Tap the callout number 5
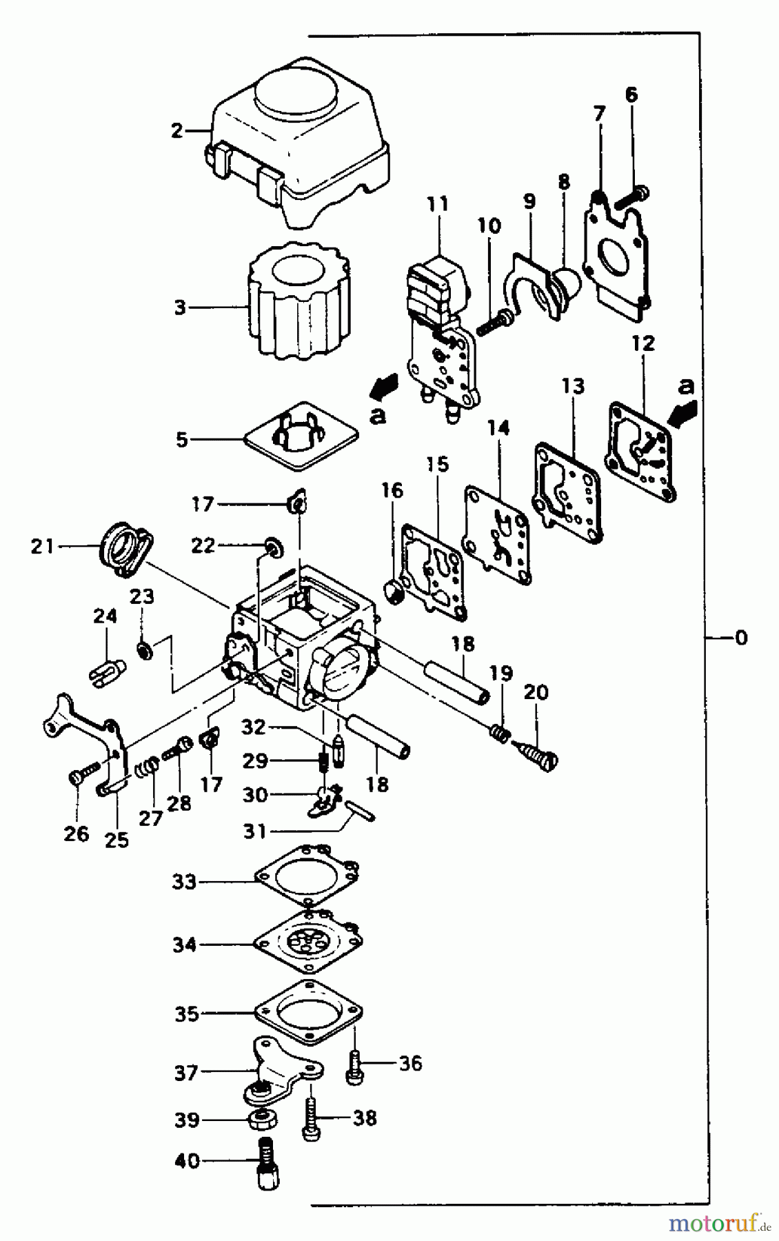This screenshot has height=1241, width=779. point(182,440)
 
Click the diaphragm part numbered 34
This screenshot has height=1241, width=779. point(309,941)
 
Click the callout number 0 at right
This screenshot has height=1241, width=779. point(740,638)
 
